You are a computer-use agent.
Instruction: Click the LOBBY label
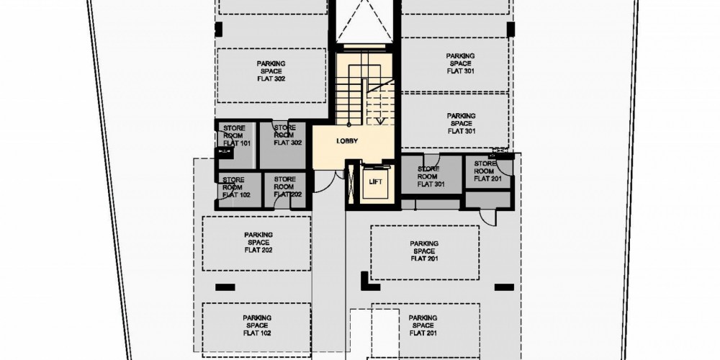click(x=347, y=141)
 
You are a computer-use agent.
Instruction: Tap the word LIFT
click(x=376, y=182)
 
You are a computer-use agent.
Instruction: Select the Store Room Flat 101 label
click(x=234, y=135)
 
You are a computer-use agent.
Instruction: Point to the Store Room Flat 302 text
click(x=285, y=135)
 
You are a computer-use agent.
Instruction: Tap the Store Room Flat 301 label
click(x=428, y=176)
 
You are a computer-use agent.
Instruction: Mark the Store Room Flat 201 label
click(x=487, y=171)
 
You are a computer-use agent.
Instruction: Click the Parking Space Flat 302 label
click(x=271, y=71)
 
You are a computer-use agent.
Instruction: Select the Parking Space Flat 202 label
click(x=258, y=243)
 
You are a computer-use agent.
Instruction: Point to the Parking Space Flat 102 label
click(x=258, y=325)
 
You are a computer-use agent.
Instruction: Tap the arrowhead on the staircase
click(x=380, y=121)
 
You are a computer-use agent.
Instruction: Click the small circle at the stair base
click(x=349, y=125)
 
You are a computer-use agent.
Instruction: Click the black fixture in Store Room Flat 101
click(x=224, y=153)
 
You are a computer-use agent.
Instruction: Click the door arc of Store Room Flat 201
click(x=505, y=168)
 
